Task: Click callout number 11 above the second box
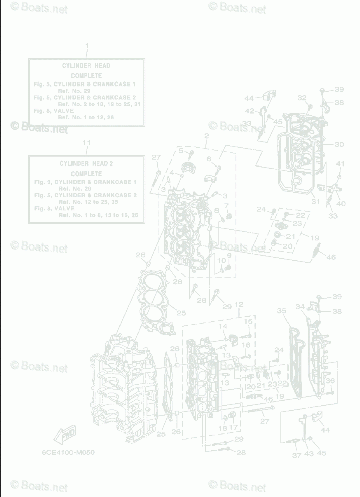click(86, 143)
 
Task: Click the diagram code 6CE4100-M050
click(68, 452)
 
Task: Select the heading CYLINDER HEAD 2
click(86, 163)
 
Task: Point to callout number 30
click(339, 144)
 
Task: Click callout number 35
click(281, 311)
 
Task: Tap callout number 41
click(340, 164)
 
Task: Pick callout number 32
click(302, 98)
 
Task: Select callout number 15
click(248, 321)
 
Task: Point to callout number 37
click(296, 455)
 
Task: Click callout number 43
click(309, 453)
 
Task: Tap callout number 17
click(234, 427)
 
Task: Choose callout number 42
click(250, 111)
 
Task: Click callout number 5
click(180, 151)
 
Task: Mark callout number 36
click(330, 381)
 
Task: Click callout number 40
click(341, 204)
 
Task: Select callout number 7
click(226, 206)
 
